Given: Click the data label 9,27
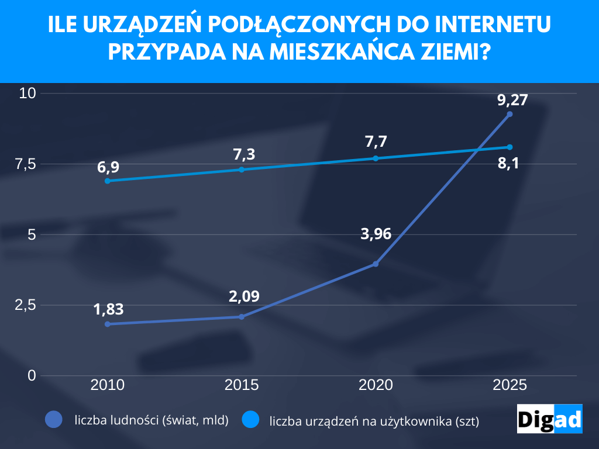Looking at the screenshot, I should point(512,100).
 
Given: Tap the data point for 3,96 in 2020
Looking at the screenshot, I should point(376,264).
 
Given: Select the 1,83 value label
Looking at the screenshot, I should point(109,309).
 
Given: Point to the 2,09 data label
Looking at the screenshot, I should point(244,296).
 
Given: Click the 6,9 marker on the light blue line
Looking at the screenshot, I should point(108,181).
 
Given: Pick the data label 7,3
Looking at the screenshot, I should point(244,155).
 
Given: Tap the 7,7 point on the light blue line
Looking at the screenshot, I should point(376,158).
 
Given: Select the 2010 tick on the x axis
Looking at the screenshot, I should point(108,385).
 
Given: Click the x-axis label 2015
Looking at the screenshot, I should point(242,385).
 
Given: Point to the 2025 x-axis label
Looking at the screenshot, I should point(510,385).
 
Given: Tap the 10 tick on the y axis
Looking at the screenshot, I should point(27,93).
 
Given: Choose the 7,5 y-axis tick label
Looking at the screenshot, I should point(26,164).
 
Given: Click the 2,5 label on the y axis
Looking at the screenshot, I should point(26,305).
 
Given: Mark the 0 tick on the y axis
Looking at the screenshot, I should point(32,375).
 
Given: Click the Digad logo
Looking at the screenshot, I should point(549,419).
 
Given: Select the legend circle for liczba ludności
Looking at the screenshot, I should point(54,419).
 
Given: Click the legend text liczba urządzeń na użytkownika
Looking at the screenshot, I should point(374,420).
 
